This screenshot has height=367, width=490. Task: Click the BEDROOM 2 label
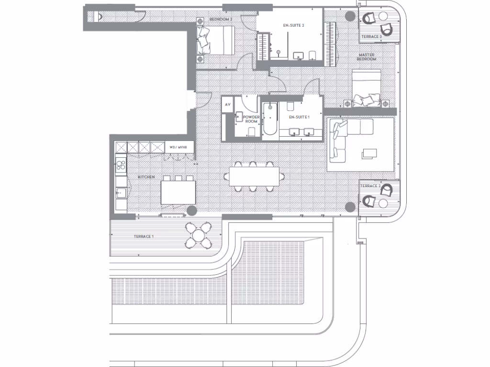pyautogui.click(x=221, y=19)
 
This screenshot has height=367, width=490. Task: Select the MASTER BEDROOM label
pyautogui.click(x=367, y=57)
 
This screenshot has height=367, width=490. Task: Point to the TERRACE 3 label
pyautogui.click(x=371, y=36)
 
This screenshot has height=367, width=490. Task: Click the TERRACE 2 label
pyautogui.click(x=370, y=185)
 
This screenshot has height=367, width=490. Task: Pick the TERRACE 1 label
pyautogui.click(x=144, y=237)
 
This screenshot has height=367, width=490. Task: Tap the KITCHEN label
pyautogui.click(x=146, y=177)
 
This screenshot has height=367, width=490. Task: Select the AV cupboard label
pyautogui.click(x=228, y=104)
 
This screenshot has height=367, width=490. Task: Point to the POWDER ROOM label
pyautogui.click(x=251, y=119)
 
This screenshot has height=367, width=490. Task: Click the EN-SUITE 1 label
pyautogui.click(x=298, y=117)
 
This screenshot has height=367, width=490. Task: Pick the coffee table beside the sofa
pyautogui.click(x=369, y=153)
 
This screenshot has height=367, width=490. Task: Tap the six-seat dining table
pyautogui.click(x=255, y=176)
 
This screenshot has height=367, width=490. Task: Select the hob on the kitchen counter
pyautogui.click(x=121, y=167)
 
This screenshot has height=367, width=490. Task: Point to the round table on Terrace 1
pyautogui.click(x=198, y=235)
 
